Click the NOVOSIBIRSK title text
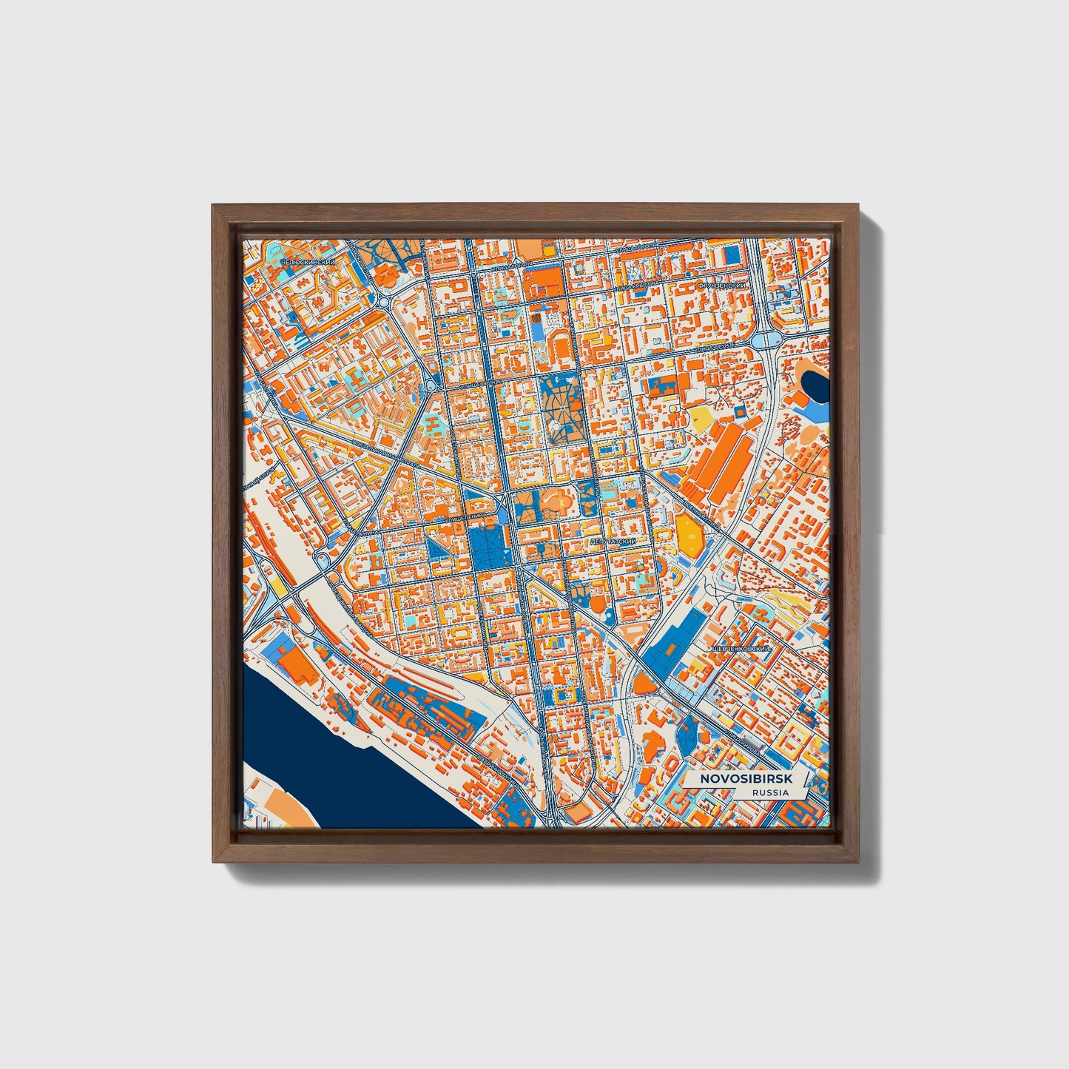coord(741,780)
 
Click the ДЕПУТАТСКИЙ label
coord(613,542)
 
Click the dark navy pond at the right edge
coord(816,385)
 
